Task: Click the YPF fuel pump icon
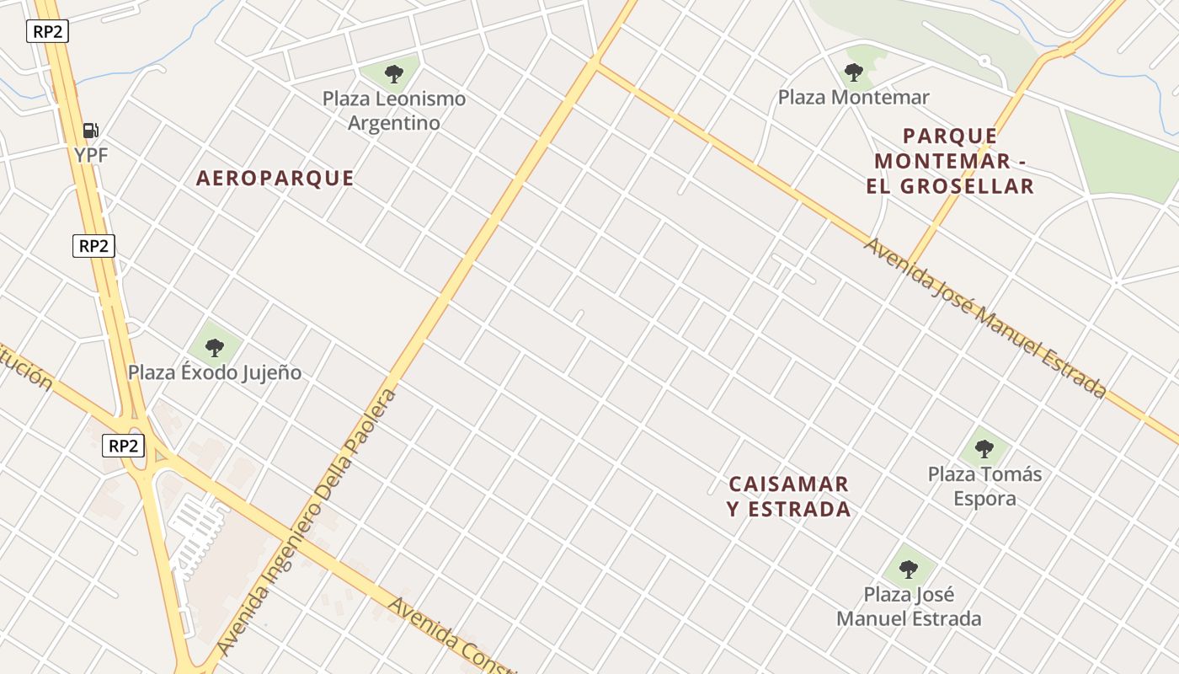click(91, 131)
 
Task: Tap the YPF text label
click(91, 155)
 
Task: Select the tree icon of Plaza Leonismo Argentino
click(393, 74)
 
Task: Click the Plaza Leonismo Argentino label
click(394, 110)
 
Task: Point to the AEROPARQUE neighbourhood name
click(275, 179)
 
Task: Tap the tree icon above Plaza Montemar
click(854, 72)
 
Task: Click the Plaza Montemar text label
click(853, 98)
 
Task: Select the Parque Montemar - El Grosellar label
click(950, 161)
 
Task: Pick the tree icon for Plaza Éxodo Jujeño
click(215, 347)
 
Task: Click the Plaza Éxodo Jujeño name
click(215, 372)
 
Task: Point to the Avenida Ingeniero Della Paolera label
click(307, 522)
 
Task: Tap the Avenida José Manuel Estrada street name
click(984, 318)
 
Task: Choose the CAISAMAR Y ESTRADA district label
click(789, 496)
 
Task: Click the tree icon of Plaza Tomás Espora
click(984, 449)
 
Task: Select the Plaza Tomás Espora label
click(984, 486)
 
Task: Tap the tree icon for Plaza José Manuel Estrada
click(908, 570)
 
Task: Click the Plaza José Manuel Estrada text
click(909, 607)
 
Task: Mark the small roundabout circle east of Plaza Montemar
click(984, 61)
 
